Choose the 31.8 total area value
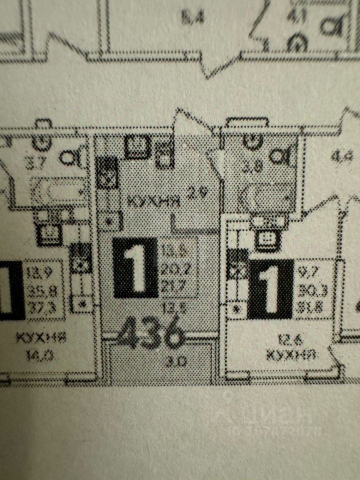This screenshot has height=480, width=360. pyautogui.click(x=309, y=301)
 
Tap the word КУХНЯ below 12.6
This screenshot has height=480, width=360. pyautogui.click(x=290, y=355)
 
